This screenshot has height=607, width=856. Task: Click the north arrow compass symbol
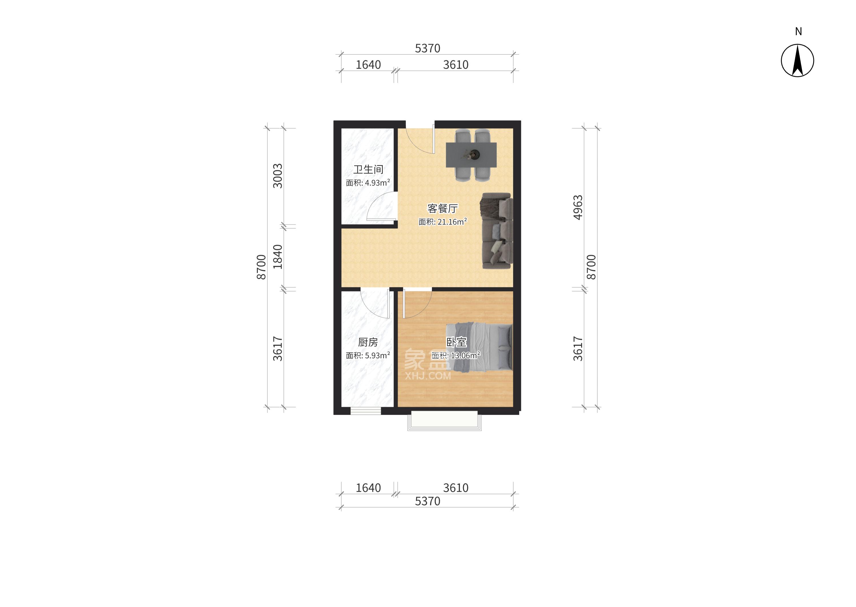797,61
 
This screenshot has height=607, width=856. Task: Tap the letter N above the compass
798,32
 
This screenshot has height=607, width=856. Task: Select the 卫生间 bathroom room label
368,170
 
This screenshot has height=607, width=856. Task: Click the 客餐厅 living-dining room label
442,208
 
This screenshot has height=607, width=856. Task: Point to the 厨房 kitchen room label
368,342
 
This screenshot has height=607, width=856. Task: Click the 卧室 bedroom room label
457,342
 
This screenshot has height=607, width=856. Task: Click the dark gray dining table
471,155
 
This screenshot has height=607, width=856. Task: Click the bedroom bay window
444,421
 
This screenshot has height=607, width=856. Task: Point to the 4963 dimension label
578,208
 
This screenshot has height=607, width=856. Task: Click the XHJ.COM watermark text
428,376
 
